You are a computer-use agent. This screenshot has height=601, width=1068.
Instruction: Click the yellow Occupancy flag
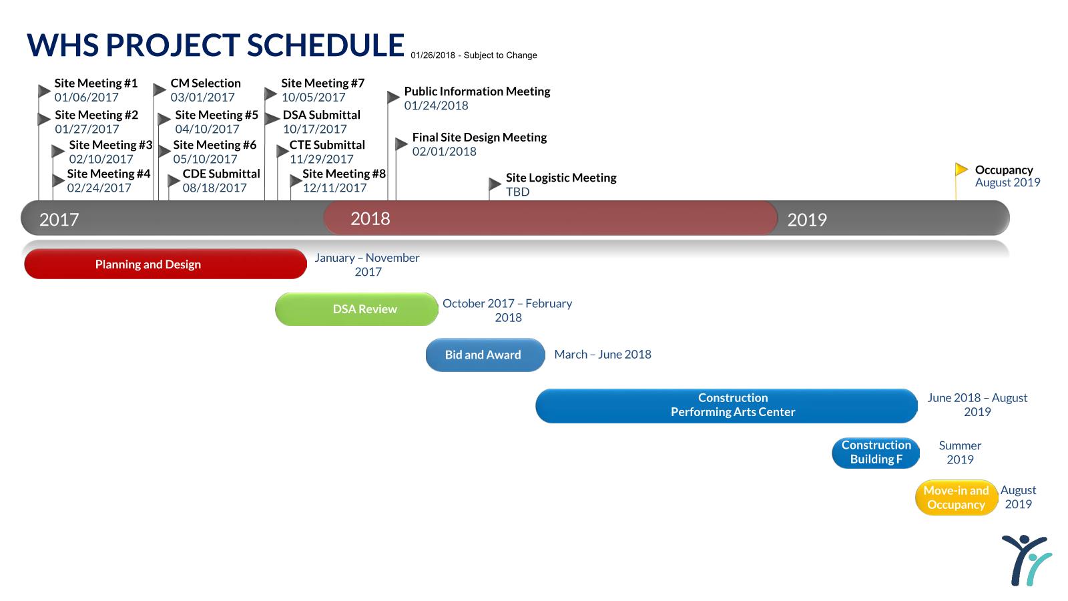coord(961,170)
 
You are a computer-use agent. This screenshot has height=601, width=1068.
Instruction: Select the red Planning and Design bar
coord(165,264)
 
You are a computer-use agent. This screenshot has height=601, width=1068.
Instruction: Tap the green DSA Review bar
coord(356,309)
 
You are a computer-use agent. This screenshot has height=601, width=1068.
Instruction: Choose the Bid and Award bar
coord(485,355)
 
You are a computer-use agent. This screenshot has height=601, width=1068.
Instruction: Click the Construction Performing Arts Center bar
coord(726,405)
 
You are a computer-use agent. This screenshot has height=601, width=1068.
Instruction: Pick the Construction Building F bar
coord(875,452)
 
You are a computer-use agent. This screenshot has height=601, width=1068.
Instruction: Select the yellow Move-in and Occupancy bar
coord(956,497)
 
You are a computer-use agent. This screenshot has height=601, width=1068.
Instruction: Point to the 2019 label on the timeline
coord(806,220)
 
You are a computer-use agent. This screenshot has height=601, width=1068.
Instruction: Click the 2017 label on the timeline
coord(59,220)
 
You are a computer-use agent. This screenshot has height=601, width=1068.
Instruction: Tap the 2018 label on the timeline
coord(370,218)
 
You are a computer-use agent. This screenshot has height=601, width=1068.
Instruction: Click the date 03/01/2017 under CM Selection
coord(202,97)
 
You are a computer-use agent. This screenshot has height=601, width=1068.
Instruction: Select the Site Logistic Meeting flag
coord(495,184)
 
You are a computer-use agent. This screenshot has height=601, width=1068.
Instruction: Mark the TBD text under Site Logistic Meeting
coord(517,192)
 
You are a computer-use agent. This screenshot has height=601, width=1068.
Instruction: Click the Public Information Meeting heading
coord(477,91)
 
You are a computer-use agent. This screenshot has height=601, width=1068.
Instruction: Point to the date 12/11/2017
coord(334,188)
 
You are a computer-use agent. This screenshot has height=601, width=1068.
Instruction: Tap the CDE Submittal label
coord(221,174)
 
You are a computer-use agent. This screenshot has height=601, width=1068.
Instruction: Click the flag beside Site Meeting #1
coord(44,90)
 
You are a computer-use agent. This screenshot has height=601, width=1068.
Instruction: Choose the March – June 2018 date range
coord(602,355)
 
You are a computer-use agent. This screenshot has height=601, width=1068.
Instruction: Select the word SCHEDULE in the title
coord(326,45)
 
